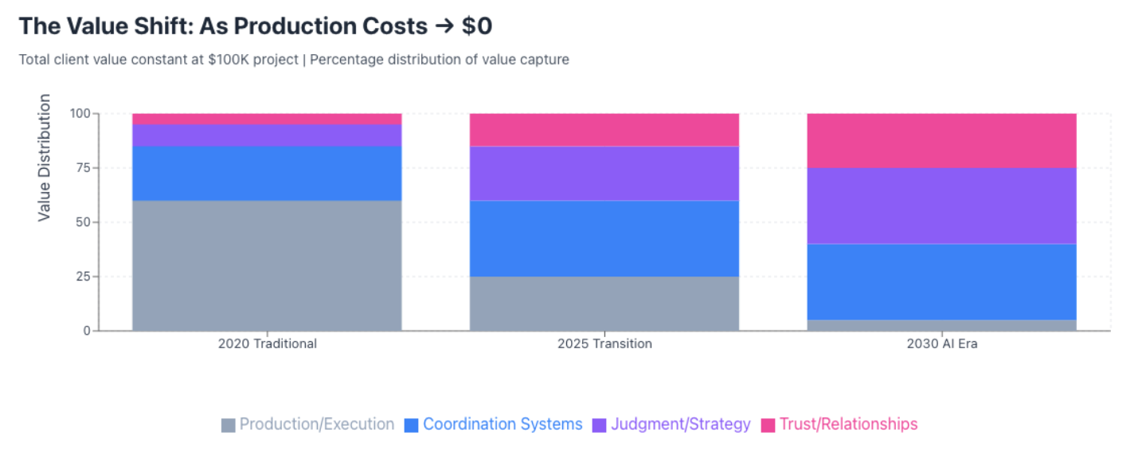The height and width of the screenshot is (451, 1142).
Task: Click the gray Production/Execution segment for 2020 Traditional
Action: click(x=267, y=265)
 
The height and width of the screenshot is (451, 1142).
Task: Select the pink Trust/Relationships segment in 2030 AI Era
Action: click(x=941, y=140)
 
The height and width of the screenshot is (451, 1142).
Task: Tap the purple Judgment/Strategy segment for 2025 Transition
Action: click(x=604, y=173)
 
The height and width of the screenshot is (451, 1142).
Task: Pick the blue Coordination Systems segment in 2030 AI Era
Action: click(x=941, y=281)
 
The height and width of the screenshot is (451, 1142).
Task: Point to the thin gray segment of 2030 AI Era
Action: click(x=941, y=325)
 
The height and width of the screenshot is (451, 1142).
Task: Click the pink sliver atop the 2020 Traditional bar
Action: click(x=267, y=119)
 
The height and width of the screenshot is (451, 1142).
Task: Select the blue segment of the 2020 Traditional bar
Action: click(x=267, y=173)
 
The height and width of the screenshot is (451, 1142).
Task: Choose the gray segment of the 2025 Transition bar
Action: click(x=604, y=303)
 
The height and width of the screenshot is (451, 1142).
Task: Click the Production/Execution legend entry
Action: click(x=308, y=424)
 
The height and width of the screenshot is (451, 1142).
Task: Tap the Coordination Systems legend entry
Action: click(x=494, y=424)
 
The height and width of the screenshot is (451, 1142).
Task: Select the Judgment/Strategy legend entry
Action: click(x=671, y=424)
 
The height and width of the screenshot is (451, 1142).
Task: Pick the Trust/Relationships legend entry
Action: click(x=839, y=424)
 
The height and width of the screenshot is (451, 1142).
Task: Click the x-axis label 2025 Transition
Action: click(x=604, y=344)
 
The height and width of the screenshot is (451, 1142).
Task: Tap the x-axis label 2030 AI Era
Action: click(x=941, y=344)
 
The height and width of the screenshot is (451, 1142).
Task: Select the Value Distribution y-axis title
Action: click(x=45, y=157)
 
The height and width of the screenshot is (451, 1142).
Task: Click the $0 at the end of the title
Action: click(x=476, y=25)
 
